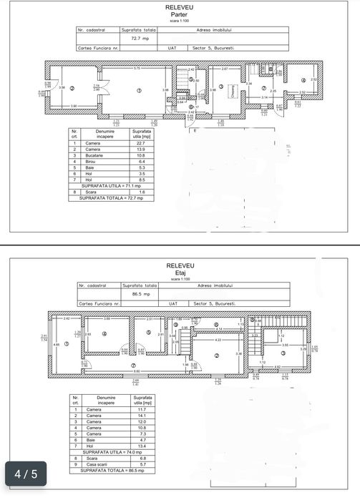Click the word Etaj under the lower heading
(x=180, y=273)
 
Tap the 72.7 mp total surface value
(x=138, y=39)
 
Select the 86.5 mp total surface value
(x=140, y=294)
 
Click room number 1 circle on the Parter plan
(x=139, y=89)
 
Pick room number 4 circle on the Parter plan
(x=303, y=79)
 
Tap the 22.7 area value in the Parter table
(x=140, y=143)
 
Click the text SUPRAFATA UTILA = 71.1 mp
(x=104, y=185)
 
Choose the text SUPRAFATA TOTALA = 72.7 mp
(x=106, y=198)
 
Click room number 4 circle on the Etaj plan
(x=104, y=333)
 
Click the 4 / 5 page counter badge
(x=26, y=473)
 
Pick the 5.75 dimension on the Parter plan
(x=137, y=68)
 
